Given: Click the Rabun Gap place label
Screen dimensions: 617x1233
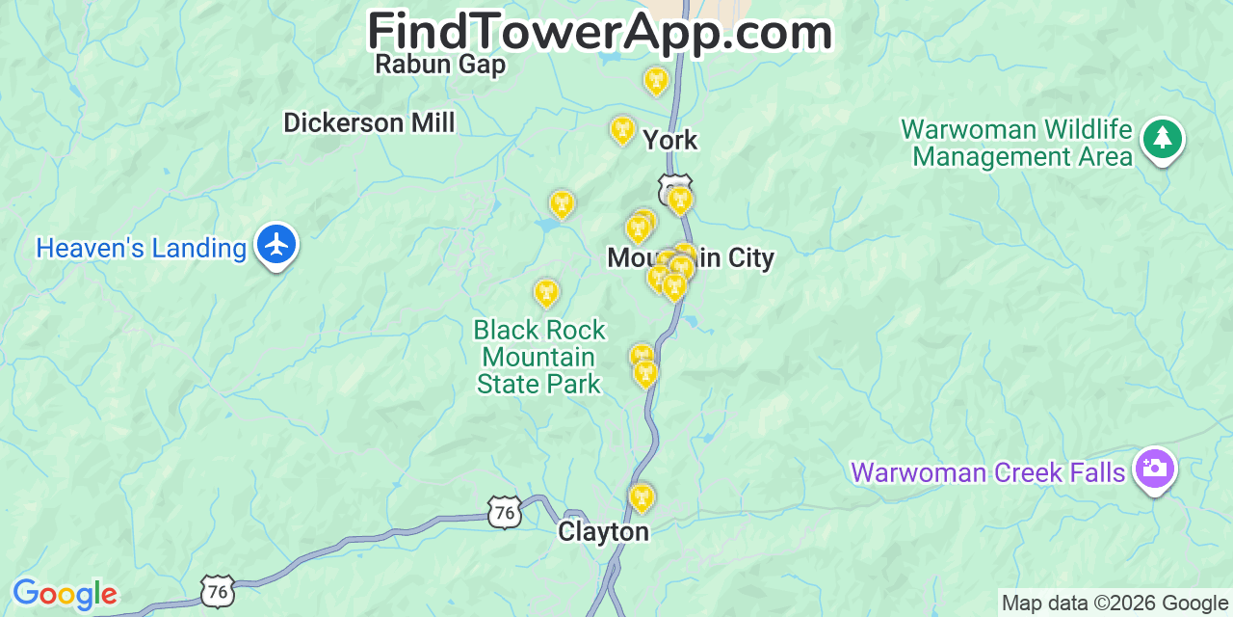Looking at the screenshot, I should pyautogui.click(x=440, y=65).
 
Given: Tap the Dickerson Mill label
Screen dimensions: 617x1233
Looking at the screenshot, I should pyautogui.click(x=369, y=122).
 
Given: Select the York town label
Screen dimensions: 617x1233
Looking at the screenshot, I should pyautogui.click(x=669, y=140).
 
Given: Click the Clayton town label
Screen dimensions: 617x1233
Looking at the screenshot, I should pyautogui.click(x=603, y=532).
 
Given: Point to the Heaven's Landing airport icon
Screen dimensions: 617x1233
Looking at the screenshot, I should pyautogui.click(x=276, y=244).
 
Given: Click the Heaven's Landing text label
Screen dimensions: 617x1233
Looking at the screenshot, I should pyautogui.click(x=141, y=249).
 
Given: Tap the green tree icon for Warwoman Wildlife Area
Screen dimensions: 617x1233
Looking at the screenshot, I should pyautogui.click(x=1162, y=139).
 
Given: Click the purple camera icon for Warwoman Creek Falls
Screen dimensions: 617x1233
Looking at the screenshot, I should pyautogui.click(x=1154, y=469).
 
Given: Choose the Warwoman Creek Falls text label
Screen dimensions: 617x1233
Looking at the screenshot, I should pyautogui.click(x=987, y=472).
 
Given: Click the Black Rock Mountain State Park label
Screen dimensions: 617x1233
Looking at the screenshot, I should pyautogui.click(x=539, y=357).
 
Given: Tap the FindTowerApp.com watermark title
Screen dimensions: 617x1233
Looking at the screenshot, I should pyautogui.click(x=599, y=32).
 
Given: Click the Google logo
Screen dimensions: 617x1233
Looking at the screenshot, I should pyautogui.click(x=65, y=594).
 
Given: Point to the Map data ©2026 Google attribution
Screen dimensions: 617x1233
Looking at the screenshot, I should pyautogui.click(x=1115, y=604).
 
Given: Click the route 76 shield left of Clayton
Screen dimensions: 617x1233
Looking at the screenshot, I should pyautogui.click(x=505, y=512).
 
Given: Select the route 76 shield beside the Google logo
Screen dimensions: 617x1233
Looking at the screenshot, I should pyautogui.click(x=218, y=590).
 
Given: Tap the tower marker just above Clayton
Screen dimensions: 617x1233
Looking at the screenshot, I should pyautogui.click(x=642, y=497).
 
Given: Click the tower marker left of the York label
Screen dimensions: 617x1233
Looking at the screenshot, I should pyautogui.click(x=622, y=129).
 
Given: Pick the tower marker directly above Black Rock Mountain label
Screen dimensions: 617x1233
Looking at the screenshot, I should pyautogui.click(x=546, y=292).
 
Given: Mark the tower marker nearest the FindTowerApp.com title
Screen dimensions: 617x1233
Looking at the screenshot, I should pyautogui.click(x=656, y=80).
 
